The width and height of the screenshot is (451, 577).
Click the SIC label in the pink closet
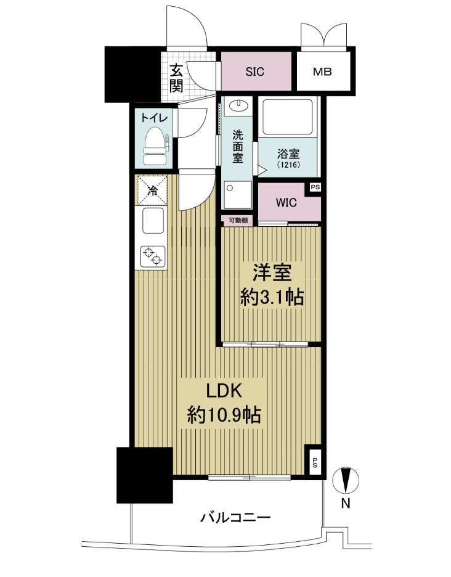tap(254, 72)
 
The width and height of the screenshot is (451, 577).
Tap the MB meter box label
tap(322, 72)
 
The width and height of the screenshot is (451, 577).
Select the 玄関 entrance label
tap(176, 78)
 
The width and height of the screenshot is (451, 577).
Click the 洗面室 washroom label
tap(237, 145)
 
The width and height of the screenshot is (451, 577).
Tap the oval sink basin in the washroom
tap(238, 105)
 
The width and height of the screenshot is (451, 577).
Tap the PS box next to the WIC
tap(315, 187)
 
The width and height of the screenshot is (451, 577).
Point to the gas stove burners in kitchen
tap(152, 255)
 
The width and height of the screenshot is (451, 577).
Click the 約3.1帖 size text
tap(271, 298)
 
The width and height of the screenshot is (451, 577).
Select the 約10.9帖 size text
tap(224, 415)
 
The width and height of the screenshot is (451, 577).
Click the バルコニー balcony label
tap(235, 517)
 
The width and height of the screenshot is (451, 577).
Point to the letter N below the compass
tap(346, 504)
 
